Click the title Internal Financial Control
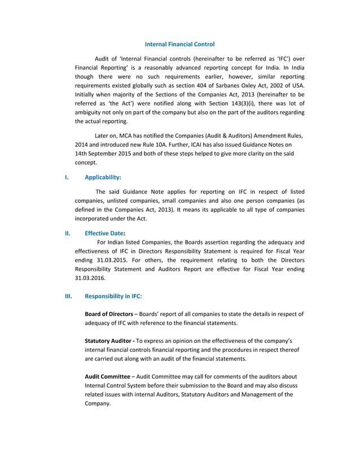click(x=180, y=44)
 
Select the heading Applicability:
click(x=103, y=177)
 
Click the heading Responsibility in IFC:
click(x=113, y=296)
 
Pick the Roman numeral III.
click(x=68, y=296)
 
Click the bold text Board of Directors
click(x=108, y=314)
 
